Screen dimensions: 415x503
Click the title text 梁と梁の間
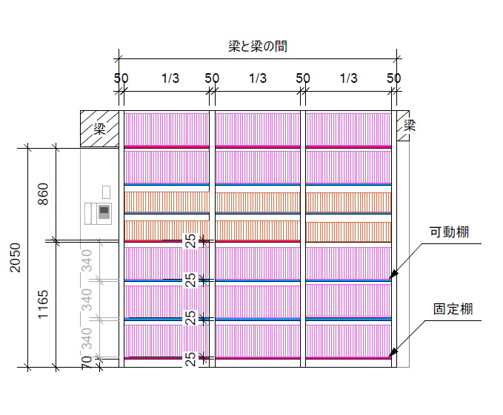coord(258,46)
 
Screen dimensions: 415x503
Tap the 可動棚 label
coord(450,232)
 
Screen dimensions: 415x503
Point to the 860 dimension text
coord(44,194)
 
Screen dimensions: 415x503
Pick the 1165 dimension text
coord(44,304)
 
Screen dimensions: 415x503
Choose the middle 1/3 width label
coord(258,78)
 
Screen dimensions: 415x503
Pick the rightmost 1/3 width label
coord(349,78)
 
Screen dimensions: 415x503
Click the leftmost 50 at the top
coord(121,78)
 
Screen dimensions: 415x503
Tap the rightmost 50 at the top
coord(394,78)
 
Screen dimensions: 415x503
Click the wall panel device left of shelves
coord(99,212)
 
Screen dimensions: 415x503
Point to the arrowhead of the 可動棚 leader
coord(393,276)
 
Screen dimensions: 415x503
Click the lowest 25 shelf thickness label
coord(191,358)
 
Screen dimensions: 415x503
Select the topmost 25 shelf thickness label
coord(191,241)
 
